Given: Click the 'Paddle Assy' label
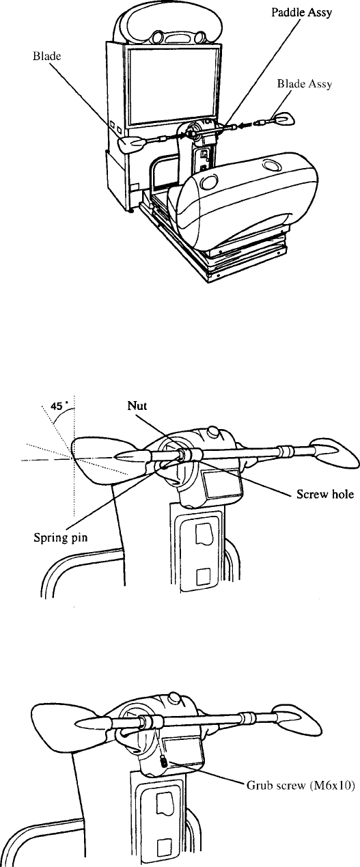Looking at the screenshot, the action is pyautogui.click(x=301, y=13).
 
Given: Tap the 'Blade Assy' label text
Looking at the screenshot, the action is pyautogui.click(x=304, y=84).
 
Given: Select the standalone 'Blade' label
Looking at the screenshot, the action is pyautogui.click(x=47, y=56).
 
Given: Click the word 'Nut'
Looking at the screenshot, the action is pyautogui.click(x=137, y=405).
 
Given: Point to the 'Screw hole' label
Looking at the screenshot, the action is pyautogui.click(x=325, y=494).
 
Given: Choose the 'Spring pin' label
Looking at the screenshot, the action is pyautogui.click(x=60, y=538).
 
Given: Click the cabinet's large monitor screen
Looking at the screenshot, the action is pyautogui.click(x=173, y=85).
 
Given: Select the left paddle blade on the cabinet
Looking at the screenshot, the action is pyautogui.click(x=133, y=146).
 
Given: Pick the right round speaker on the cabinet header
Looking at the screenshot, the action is pyautogui.click(x=199, y=37).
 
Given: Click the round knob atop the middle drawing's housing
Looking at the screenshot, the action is pyautogui.click(x=212, y=430).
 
